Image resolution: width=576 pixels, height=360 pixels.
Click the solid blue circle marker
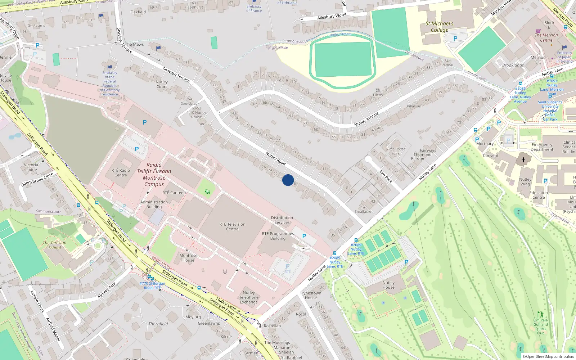point(288,180)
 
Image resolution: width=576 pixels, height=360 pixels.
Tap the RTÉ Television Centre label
point(232,226)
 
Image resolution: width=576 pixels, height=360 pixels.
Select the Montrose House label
point(188,258)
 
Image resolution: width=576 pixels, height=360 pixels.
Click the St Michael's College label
point(439,27)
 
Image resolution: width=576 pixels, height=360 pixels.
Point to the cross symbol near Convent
point(523,159)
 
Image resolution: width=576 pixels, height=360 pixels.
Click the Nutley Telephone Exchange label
point(249,297)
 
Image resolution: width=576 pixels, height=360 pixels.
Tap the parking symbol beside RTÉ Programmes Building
point(304,236)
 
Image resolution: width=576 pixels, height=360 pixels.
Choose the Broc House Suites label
point(396,151)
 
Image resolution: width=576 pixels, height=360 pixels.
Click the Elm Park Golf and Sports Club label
point(540,326)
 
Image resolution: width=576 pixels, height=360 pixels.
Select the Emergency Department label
point(542,147)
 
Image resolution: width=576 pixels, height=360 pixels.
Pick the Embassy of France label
point(254,8)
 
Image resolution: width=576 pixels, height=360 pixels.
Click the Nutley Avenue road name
point(366,119)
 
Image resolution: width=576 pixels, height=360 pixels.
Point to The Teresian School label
point(55,245)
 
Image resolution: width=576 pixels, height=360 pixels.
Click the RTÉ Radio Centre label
point(121,173)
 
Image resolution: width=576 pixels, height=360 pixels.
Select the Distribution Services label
point(282,220)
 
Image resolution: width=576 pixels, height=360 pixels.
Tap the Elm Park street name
point(386,176)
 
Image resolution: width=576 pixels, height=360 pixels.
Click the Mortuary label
point(485,144)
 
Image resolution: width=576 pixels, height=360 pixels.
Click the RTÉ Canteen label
point(174,193)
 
